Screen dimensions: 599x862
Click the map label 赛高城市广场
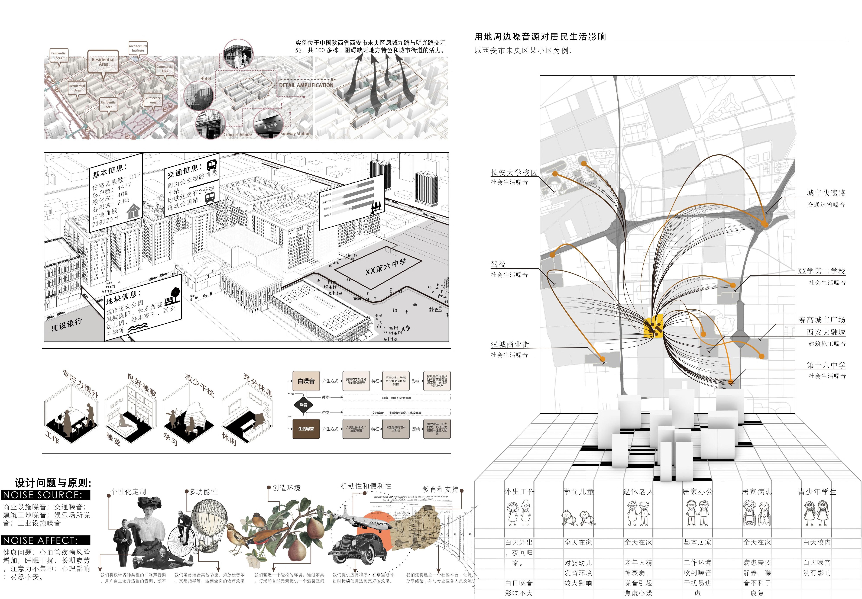pos(821,320)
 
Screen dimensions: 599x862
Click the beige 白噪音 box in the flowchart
pos(306,381)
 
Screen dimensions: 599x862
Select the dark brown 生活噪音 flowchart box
pos(306,429)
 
